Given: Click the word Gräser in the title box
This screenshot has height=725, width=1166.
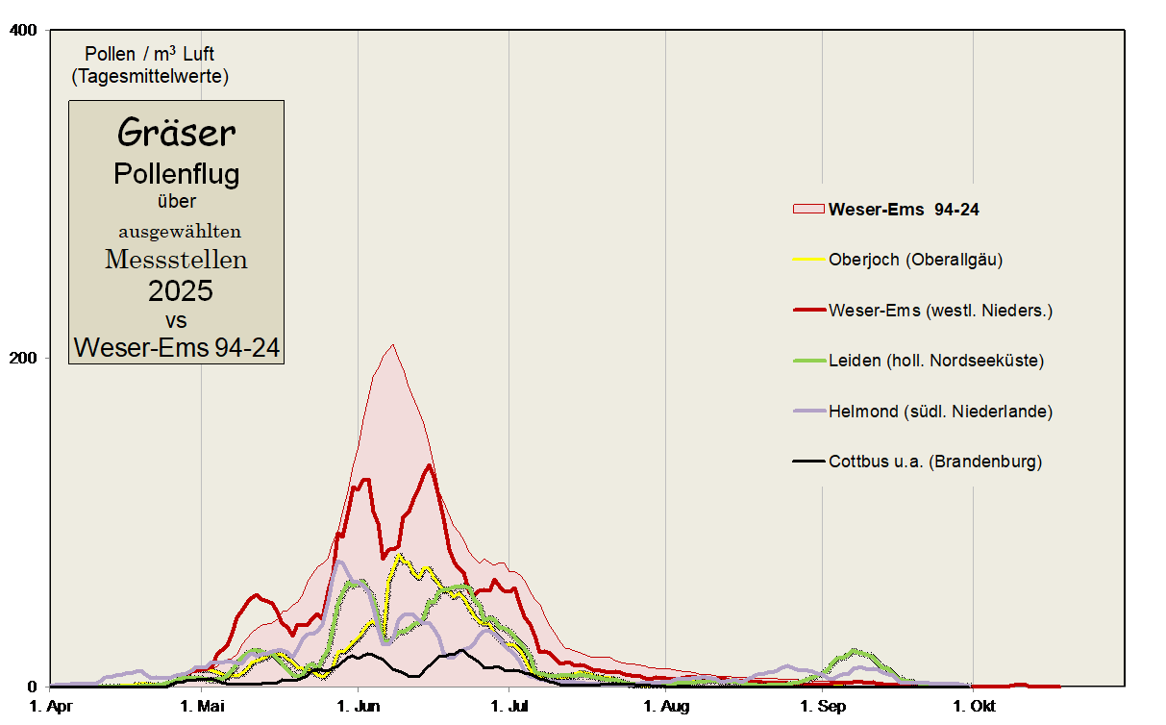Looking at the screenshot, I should tap(176, 133).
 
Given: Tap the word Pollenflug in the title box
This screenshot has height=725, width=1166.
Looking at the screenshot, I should tap(176, 174).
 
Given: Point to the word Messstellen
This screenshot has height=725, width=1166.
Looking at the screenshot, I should tap(176, 259).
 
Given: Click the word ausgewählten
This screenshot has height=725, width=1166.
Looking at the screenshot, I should tap(180, 231).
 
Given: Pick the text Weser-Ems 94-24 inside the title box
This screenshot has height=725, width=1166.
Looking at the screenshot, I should tap(177, 347).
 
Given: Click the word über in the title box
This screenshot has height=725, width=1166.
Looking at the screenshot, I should tap(177, 201).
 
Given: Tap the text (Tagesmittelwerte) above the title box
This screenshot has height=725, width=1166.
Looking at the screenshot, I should tap(150, 75).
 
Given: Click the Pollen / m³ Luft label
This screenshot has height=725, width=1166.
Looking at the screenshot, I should tap(150, 54).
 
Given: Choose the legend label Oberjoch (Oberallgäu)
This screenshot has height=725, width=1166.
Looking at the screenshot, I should tap(915, 259).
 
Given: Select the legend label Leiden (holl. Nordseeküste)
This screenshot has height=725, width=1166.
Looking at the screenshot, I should tap(935, 361).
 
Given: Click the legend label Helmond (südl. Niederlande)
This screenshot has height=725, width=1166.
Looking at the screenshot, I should tap(940, 412).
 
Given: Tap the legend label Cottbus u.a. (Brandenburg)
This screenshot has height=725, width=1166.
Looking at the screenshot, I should tap(934, 462).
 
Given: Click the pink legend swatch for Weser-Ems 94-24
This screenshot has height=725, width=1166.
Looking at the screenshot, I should tap(808, 209).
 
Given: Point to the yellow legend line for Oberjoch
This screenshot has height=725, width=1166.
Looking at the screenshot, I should tap(808, 259).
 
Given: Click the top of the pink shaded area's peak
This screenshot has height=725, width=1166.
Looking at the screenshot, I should tap(391, 345).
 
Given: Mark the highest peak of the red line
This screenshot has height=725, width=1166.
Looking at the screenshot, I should tap(429, 466).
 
